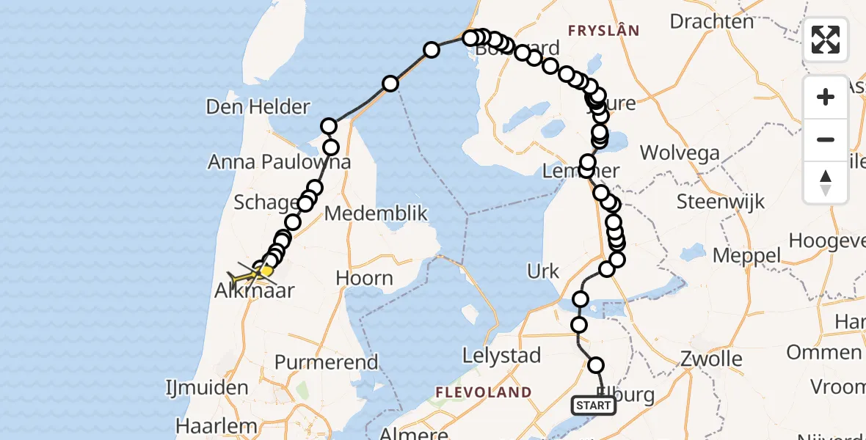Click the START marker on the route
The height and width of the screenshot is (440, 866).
[x=594, y=406]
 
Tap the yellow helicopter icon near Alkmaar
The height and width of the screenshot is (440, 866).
[x=246, y=277]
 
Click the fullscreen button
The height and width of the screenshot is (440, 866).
[x=826, y=40]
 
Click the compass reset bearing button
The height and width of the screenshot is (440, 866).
[x=826, y=183]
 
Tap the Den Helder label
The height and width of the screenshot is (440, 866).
[x=258, y=107]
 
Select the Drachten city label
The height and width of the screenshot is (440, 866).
[x=712, y=21]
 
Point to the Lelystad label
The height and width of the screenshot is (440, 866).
[x=502, y=356]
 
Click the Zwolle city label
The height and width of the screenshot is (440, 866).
[x=711, y=359]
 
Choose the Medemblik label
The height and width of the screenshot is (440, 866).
[x=376, y=213]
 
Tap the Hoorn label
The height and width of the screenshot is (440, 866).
[x=364, y=279]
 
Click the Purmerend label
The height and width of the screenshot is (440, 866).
[x=326, y=362]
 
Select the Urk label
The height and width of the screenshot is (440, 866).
[x=543, y=271]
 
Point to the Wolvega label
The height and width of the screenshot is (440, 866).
[x=680, y=153]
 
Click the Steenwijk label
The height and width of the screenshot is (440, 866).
[x=721, y=202]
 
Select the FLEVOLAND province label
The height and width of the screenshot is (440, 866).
[x=483, y=392]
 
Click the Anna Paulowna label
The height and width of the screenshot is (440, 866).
[x=279, y=161]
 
